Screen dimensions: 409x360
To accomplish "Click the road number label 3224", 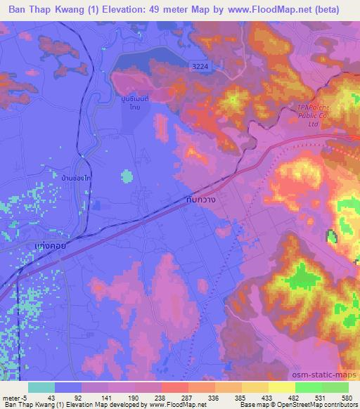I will click(x=200, y=66).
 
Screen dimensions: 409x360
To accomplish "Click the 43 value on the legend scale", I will click(x=50, y=396).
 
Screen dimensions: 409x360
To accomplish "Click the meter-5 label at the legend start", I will click(x=12, y=396).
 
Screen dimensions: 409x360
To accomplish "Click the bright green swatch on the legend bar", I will click(x=309, y=387).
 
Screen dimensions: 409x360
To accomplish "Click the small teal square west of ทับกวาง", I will click(x=127, y=176).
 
